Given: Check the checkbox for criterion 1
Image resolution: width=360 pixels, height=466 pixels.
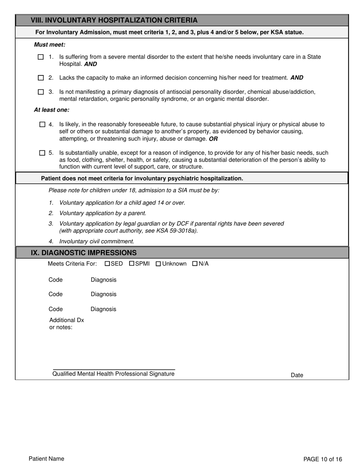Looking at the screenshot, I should point(41,57).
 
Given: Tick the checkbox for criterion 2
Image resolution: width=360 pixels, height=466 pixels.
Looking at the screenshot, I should point(41,78).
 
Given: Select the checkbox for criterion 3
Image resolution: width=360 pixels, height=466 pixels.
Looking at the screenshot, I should point(41,92).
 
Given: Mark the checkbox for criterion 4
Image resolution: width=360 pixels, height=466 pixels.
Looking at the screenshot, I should point(42,124).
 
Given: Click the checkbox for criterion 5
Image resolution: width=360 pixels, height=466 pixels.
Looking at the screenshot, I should point(42,153).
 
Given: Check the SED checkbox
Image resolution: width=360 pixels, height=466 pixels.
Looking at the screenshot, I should point(107,264).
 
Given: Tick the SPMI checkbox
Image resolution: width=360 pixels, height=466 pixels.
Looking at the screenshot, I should point(132,264).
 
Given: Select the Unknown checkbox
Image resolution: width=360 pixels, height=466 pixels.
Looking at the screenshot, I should point(158,264).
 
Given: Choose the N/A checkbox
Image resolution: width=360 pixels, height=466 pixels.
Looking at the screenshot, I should point(195,264).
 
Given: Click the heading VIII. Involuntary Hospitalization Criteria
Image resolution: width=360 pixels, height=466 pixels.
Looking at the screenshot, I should point(114,20).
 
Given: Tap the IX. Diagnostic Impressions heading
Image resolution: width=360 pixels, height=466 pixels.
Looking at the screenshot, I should point(84,253).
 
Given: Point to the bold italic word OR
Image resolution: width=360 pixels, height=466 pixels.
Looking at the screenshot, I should point(213,139).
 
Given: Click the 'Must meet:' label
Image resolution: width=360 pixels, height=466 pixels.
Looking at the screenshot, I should point(50,45).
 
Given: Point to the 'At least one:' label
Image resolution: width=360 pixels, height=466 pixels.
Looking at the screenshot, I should point(52,110).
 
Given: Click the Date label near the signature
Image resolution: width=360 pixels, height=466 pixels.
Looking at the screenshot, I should point(297,375).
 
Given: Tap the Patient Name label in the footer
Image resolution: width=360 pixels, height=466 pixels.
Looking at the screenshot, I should point(47,459).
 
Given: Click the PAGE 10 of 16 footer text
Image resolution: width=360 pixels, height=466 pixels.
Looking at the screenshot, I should point(322,459).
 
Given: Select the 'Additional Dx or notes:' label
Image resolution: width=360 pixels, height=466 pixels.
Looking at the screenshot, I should point(66,324).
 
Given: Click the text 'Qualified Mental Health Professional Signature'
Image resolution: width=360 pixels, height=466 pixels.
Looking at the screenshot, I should point(113,374).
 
